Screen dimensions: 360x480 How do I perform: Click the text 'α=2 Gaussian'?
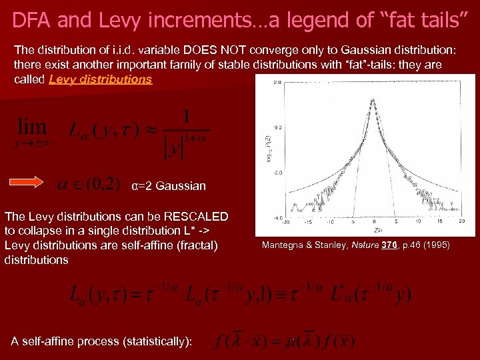click(x=169, y=185)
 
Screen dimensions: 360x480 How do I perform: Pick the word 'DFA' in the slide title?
click(x=32, y=21)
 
